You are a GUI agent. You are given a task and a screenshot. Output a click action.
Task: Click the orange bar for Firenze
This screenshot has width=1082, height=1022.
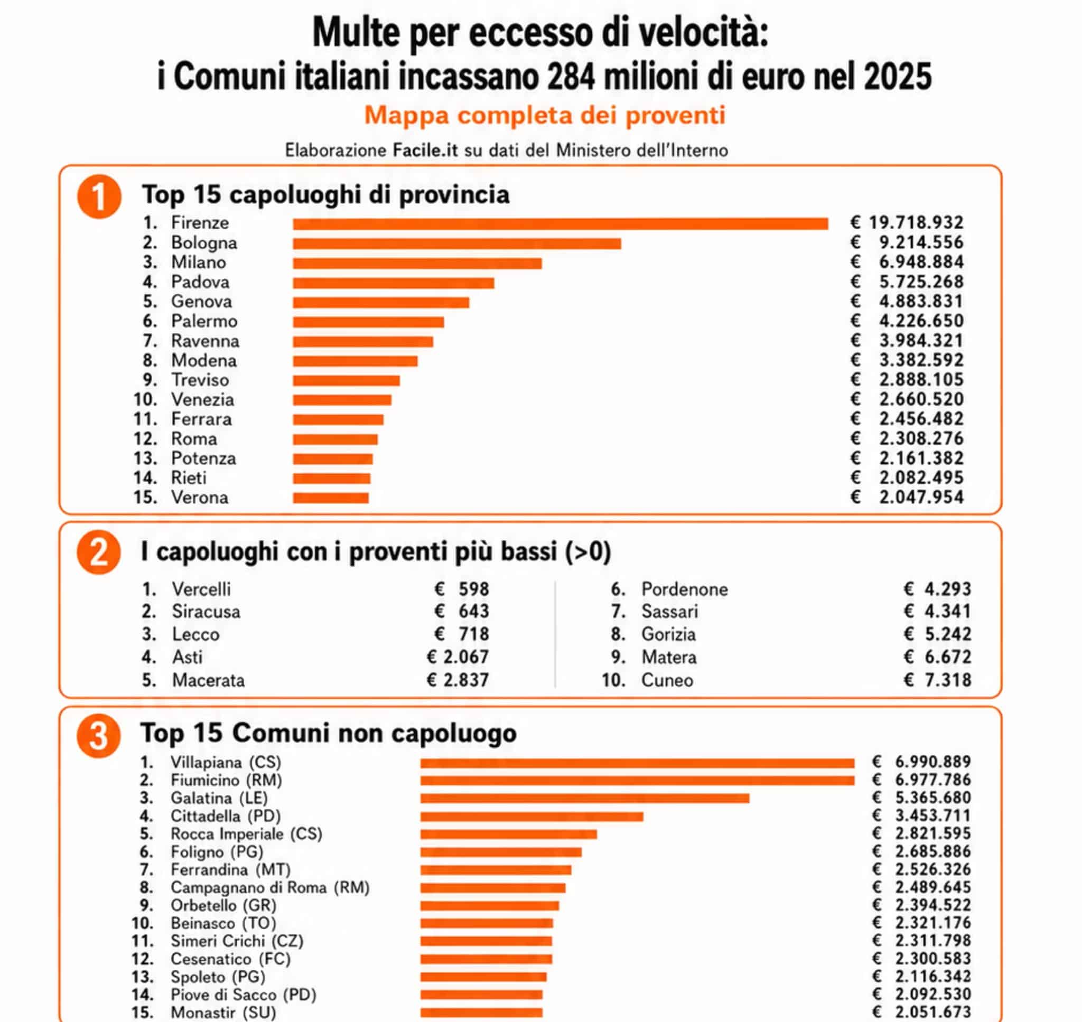(x=560, y=223)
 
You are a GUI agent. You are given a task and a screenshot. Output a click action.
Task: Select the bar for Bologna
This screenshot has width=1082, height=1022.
(x=456, y=243)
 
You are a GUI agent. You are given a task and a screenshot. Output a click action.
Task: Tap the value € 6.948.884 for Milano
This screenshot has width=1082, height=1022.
(x=907, y=262)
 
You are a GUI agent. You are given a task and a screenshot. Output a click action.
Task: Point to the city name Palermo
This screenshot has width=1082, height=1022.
(x=204, y=322)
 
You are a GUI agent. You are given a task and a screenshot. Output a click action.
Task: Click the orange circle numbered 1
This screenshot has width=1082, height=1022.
(x=99, y=196)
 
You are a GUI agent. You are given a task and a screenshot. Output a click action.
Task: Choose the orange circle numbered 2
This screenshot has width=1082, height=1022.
(x=99, y=552)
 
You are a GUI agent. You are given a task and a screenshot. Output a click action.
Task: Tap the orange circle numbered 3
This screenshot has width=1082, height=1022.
(x=99, y=736)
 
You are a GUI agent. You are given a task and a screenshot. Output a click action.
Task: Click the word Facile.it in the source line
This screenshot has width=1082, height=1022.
(x=425, y=150)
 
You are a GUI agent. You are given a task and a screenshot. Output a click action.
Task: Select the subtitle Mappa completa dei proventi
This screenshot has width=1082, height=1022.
(x=545, y=116)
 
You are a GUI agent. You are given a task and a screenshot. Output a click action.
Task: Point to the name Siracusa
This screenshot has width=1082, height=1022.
(x=206, y=612)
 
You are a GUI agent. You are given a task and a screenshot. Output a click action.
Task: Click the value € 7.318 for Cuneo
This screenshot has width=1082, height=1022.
(x=937, y=680)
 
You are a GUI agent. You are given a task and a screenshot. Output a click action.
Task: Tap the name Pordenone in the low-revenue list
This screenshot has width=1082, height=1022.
(x=684, y=589)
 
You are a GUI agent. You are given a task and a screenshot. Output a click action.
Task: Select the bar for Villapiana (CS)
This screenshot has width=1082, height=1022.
(x=638, y=763)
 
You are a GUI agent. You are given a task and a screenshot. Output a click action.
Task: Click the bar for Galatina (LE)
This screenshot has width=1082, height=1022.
(x=584, y=798)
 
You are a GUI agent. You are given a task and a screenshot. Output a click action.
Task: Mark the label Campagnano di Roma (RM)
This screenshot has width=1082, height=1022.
(x=270, y=887)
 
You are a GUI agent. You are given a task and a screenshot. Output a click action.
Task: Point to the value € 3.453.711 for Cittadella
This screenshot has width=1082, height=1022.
(x=921, y=815)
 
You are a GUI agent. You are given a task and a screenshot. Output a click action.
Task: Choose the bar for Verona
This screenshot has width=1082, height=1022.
(x=331, y=498)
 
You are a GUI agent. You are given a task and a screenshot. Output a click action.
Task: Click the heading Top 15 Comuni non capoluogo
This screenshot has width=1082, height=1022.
(x=329, y=733)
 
